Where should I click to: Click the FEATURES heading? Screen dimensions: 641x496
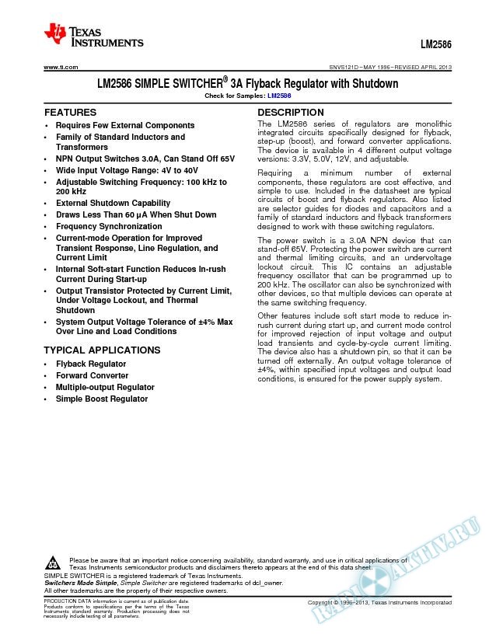click(x=70, y=113)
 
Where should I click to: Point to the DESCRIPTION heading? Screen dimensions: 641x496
click(x=290, y=113)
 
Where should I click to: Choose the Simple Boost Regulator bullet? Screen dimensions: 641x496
click(x=101, y=399)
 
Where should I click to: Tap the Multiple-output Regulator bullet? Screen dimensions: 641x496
click(x=104, y=387)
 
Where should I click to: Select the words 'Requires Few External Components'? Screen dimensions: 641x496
click(x=124, y=125)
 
